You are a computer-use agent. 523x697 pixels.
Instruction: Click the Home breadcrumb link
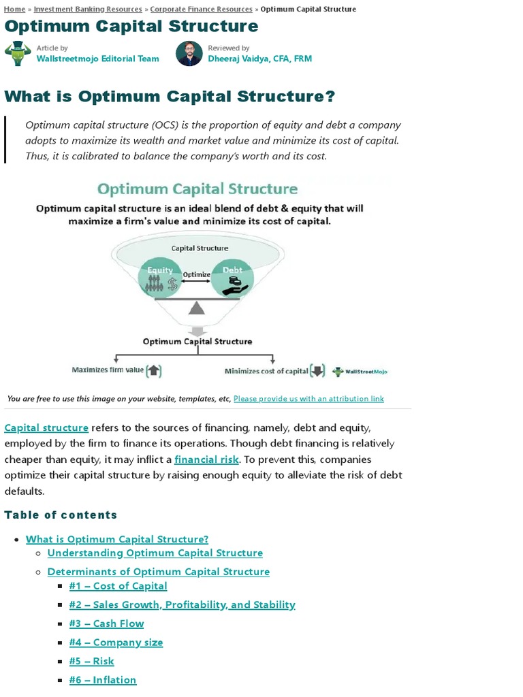point(14,9)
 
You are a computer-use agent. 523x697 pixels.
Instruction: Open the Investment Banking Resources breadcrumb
point(88,9)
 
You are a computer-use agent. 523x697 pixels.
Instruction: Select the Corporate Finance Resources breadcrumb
point(201,9)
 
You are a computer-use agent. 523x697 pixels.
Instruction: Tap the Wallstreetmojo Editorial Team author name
point(97,59)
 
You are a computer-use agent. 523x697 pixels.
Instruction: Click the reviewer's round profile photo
point(189,53)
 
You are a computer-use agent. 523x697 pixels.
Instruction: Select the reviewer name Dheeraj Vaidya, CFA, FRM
point(259,59)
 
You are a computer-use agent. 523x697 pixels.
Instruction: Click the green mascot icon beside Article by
point(18,53)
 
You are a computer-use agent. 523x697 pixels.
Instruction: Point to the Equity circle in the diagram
point(161,278)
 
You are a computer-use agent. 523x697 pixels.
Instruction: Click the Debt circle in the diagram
point(232,278)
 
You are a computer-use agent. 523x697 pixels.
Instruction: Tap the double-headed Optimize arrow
point(197,281)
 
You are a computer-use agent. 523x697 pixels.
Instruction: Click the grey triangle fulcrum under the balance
point(197,308)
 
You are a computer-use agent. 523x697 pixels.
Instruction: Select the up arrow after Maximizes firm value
point(154,371)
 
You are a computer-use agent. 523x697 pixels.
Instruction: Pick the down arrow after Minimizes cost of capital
point(317,371)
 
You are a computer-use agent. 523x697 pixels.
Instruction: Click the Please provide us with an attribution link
point(308,399)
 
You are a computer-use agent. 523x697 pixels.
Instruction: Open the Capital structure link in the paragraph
point(46,427)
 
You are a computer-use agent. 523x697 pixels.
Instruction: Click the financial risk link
point(206,459)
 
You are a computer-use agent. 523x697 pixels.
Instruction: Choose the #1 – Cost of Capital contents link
point(118,586)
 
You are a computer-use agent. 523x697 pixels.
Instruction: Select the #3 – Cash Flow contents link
point(106,623)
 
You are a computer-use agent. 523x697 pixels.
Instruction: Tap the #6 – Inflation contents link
point(103,680)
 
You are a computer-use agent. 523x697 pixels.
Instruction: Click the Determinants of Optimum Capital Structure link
point(158,572)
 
